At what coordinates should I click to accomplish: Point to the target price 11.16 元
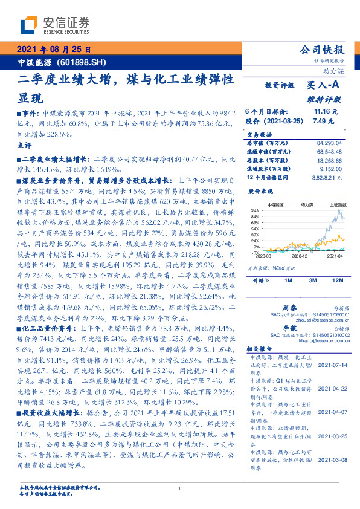coord(326,111)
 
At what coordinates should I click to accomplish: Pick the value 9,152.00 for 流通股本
coord(331,169)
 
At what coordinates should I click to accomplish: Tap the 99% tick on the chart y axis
coord(256,209)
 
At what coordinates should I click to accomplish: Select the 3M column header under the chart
coord(313,280)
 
